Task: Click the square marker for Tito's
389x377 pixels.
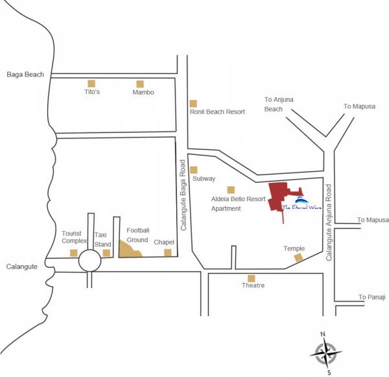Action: tap(91, 83)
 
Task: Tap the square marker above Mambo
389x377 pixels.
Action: tap(139, 84)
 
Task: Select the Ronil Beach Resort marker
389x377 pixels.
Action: tap(193, 103)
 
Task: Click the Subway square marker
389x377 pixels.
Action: tap(193, 170)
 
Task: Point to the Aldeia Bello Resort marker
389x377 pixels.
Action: tap(230, 189)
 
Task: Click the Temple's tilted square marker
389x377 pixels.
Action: tap(298, 258)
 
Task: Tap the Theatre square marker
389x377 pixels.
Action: tap(251, 278)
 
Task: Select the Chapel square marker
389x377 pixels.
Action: tap(167, 252)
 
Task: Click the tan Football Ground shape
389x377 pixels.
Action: tap(130, 249)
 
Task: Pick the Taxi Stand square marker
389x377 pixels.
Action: tap(106, 253)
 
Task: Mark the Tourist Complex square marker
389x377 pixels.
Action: tap(73, 253)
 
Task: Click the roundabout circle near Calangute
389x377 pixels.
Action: tap(89, 261)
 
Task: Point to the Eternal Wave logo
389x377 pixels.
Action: tap(302, 202)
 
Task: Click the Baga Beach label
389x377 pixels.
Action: tap(25, 74)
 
